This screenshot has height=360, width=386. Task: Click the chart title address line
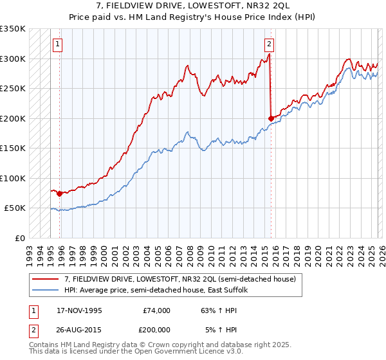(x=193, y=6)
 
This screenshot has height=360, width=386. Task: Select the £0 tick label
(x=19, y=238)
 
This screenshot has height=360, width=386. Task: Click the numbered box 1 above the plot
(x=58, y=44)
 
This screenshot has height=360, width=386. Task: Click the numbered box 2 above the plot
(x=269, y=44)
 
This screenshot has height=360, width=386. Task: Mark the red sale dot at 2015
(x=271, y=118)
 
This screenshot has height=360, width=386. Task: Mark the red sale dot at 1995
(x=59, y=194)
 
